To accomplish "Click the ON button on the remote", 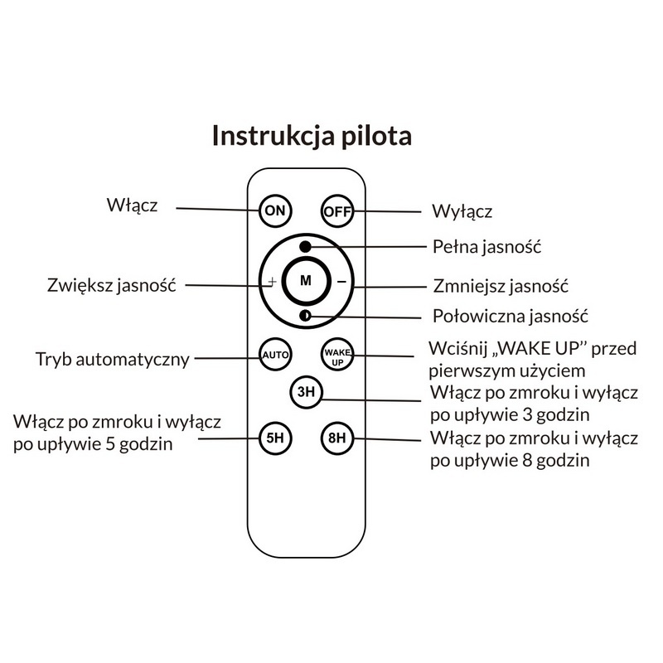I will point(274,210).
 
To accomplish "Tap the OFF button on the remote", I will point(337,211).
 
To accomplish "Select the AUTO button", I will point(274,355).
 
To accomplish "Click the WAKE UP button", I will point(337,355).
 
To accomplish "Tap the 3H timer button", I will point(306,392).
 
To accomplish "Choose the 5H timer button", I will point(274,438).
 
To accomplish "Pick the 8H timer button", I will point(337,438).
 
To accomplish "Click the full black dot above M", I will point(306,246).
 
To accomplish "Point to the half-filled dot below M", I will point(306,315).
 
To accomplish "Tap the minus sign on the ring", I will point(341,281).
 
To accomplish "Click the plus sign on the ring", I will point(271,281).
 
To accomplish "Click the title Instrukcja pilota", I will point(312,136).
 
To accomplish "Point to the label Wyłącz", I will point(462,212).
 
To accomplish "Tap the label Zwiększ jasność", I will point(112,285).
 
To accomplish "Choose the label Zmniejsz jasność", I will point(501,286).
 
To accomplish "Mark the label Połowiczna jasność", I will point(511,316).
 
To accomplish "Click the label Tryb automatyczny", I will point(113,360).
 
